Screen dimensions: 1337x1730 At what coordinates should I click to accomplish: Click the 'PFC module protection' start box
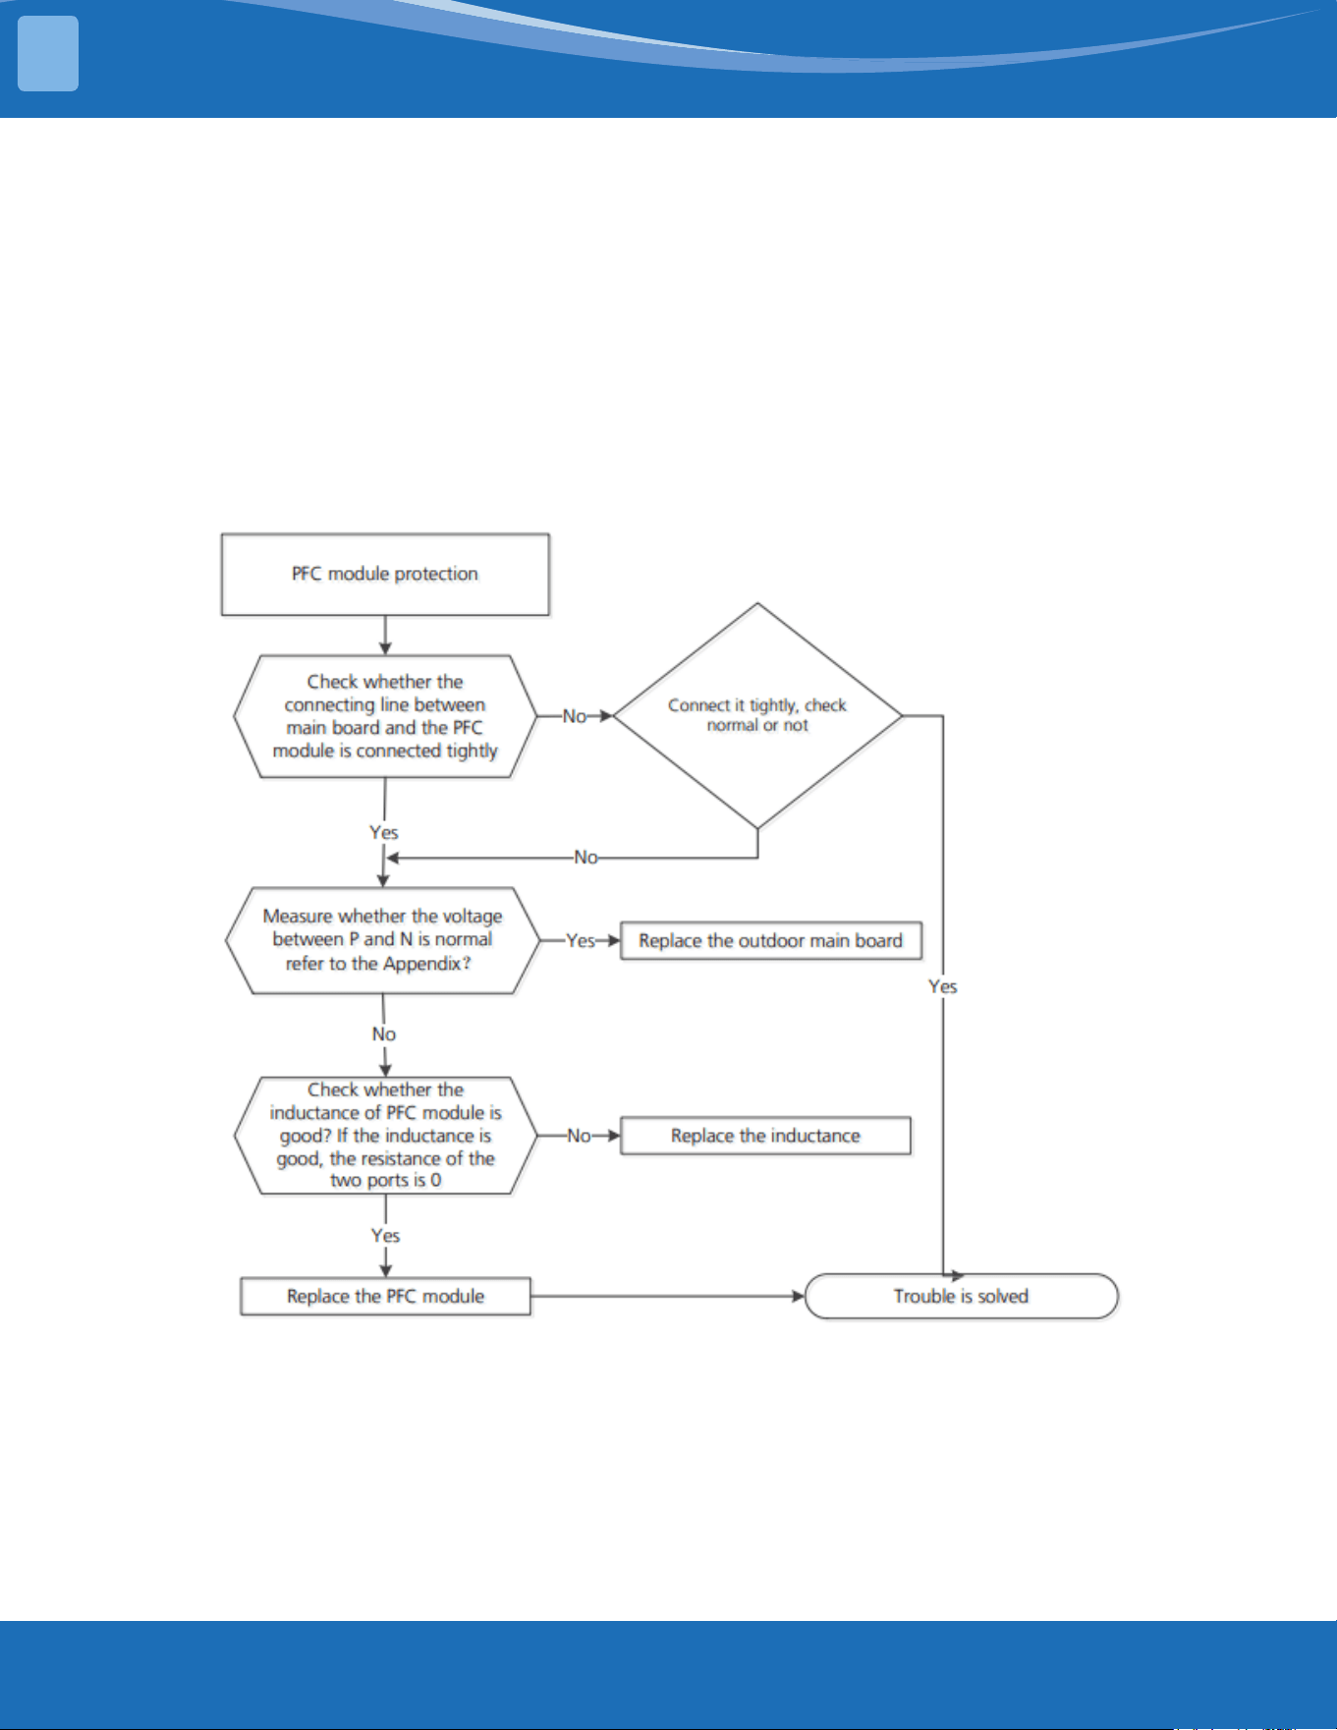385,575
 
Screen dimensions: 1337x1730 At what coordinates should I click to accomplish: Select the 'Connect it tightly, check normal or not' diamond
757,716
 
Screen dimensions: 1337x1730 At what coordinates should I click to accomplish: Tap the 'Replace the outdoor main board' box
771,940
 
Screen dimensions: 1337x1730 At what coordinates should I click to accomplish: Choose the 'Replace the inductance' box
765,1136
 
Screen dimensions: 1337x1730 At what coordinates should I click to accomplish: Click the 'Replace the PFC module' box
385,1296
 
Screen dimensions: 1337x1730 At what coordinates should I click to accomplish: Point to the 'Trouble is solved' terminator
962,1296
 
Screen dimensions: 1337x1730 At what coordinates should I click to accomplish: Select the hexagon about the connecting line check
385,716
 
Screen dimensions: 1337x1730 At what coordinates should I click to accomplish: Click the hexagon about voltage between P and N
383,940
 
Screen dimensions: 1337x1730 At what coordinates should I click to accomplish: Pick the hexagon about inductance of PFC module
385,1136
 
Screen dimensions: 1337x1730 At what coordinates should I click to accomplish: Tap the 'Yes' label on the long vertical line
943,986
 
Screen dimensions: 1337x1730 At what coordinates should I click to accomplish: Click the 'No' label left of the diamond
575,716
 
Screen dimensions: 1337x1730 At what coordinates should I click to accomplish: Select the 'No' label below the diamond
585,858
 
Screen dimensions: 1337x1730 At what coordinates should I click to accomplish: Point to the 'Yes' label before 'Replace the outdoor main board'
581,940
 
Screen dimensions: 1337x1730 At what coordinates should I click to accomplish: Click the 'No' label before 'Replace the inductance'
579,1136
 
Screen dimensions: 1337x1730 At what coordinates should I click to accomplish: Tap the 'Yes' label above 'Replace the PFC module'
385,1235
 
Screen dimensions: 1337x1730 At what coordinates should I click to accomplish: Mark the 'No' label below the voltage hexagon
384,1033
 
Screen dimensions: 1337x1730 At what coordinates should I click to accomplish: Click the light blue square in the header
48,54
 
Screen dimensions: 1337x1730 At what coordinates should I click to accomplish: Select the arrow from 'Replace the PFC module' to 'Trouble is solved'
668,1296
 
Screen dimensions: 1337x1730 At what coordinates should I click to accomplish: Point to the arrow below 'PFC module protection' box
385,636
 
